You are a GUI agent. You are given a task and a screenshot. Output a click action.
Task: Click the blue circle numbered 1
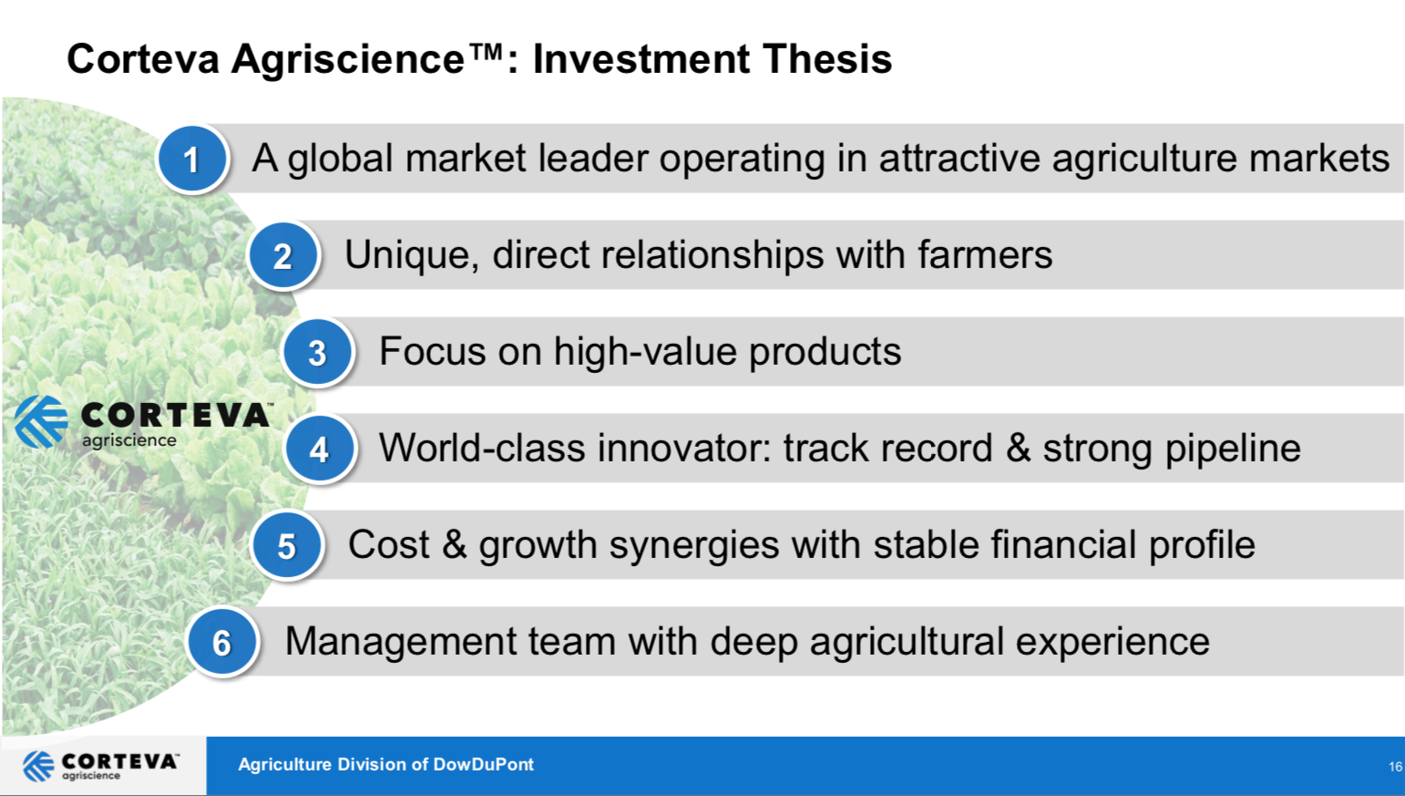192,159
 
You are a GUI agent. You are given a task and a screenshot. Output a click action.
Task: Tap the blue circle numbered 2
282,255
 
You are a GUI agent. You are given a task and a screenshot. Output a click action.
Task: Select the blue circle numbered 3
317,352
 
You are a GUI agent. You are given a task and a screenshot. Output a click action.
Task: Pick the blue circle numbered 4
319,449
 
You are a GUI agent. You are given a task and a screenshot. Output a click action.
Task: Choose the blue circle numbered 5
287,545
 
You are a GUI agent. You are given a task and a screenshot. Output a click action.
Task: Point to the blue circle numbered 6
221,642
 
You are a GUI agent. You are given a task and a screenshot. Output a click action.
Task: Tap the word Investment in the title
641,59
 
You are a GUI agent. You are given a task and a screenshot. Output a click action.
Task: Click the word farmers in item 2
985,255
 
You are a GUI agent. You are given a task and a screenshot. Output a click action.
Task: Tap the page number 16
1396,767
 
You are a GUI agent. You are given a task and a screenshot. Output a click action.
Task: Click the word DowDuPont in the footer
483,765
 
